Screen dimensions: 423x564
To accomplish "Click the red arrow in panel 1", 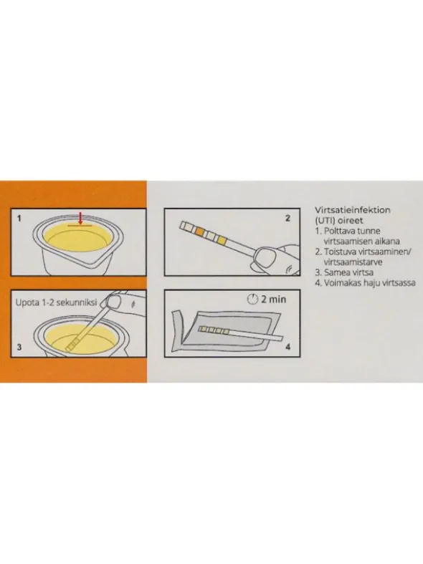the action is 80,218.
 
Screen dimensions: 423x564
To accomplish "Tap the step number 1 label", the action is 19,219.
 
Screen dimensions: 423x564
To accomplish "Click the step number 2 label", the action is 287,218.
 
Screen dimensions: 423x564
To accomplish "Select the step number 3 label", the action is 19,347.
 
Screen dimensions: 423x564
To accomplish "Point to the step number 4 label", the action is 287,347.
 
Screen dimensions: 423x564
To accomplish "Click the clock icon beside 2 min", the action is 253,299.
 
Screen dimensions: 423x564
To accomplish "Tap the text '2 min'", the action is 274,300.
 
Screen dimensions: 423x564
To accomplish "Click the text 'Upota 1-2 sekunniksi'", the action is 56,302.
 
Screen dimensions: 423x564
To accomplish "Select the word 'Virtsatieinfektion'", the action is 353,210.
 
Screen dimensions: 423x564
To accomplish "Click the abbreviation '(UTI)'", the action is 325,220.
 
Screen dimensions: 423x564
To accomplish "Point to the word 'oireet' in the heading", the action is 351,220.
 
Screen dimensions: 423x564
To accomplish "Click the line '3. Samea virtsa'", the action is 344,272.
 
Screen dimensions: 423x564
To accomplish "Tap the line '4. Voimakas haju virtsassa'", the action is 365,283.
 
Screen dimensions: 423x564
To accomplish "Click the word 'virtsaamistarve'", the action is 353,262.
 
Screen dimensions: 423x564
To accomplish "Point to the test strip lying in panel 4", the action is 241,333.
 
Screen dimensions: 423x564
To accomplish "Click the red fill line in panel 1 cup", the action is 80,226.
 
